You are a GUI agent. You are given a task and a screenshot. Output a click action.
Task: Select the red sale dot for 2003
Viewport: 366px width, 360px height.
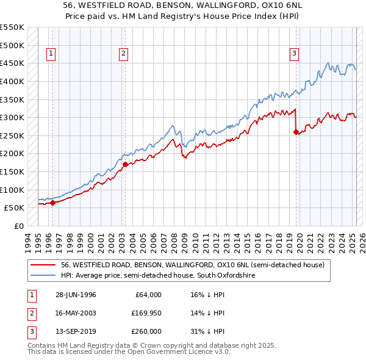125,164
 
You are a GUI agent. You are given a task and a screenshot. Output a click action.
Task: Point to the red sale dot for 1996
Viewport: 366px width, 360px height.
52,203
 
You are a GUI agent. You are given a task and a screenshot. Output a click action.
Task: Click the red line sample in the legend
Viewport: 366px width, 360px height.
43,265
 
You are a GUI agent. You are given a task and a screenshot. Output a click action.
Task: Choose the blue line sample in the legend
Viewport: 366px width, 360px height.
43,276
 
